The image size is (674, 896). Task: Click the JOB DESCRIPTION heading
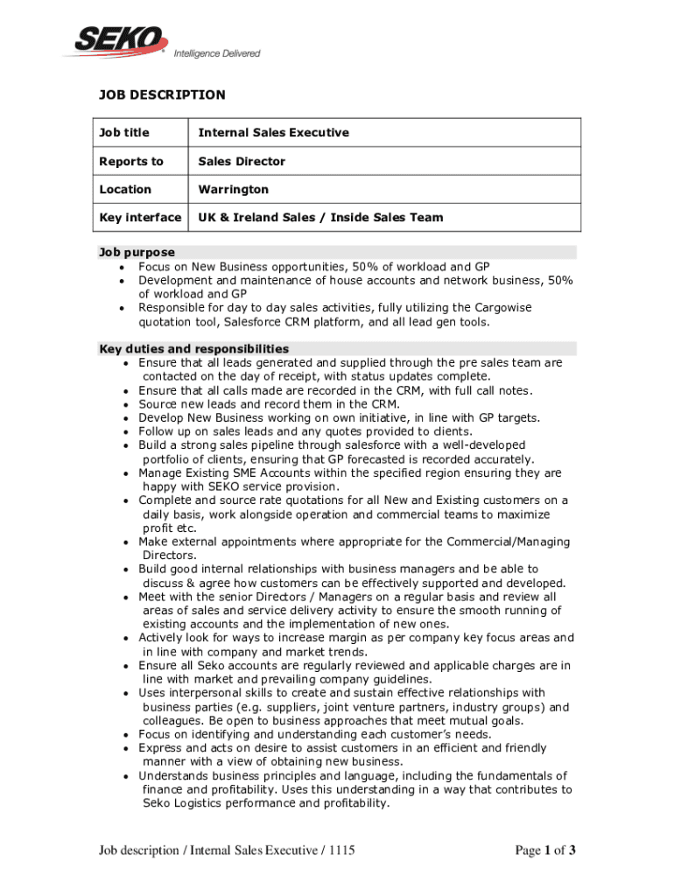point(161,94)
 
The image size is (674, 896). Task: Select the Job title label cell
point(123,133)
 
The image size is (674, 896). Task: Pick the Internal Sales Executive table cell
point(273,133)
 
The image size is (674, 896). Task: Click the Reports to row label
point(131,161)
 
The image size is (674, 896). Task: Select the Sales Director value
point(242,161)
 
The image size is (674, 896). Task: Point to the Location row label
point(125,189)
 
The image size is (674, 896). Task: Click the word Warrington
point(234,189)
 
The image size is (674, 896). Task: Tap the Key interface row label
point(140,217)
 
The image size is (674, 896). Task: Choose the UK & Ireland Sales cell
point(320,217)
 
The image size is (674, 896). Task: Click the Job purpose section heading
point(137,252)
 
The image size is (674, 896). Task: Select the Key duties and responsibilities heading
point(194,348)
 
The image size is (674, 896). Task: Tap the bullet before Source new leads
point(129,404)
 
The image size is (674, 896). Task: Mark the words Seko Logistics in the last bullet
point(183,803)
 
